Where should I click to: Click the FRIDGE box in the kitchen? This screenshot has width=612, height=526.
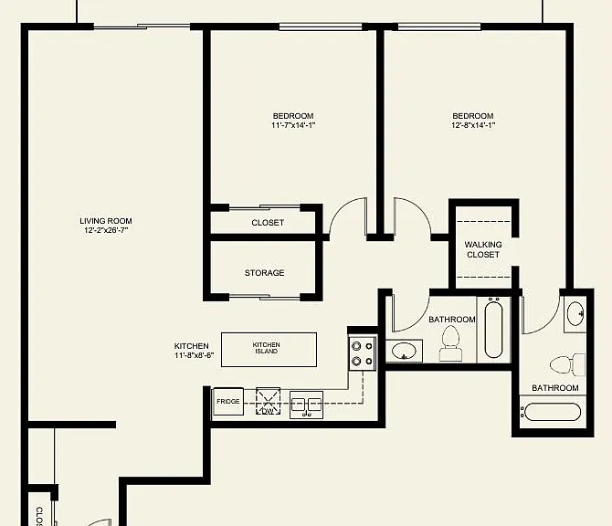point(228,402)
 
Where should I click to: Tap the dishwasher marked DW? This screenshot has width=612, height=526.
point(269,401)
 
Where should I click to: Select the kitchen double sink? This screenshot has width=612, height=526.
point(306,405)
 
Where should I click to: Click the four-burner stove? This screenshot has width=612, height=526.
point(363,353)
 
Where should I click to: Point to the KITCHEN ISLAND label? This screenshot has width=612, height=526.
point(266,348)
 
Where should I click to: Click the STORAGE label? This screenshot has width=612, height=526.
point(265,273)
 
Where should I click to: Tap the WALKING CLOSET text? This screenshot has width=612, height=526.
point(483,249)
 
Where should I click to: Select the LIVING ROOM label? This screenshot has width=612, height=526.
point(106,221)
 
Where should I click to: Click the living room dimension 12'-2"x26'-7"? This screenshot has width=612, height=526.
point(106,230)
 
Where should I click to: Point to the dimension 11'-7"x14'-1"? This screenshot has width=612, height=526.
point(293,125)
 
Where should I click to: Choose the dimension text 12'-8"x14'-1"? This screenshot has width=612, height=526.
point(473,125)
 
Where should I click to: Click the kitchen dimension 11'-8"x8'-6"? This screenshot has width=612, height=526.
point(194,355)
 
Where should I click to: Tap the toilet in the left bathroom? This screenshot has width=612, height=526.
point(451,343)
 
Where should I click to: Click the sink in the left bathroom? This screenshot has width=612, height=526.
point(405,351)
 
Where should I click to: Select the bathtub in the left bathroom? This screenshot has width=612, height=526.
point(493,328)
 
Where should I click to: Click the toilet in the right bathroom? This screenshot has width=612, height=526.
point(567,365)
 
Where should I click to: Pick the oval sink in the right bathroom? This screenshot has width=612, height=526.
point(575,313)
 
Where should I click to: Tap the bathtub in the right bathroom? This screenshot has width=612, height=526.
point(552,413)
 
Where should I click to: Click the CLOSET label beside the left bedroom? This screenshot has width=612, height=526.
point(268,223)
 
